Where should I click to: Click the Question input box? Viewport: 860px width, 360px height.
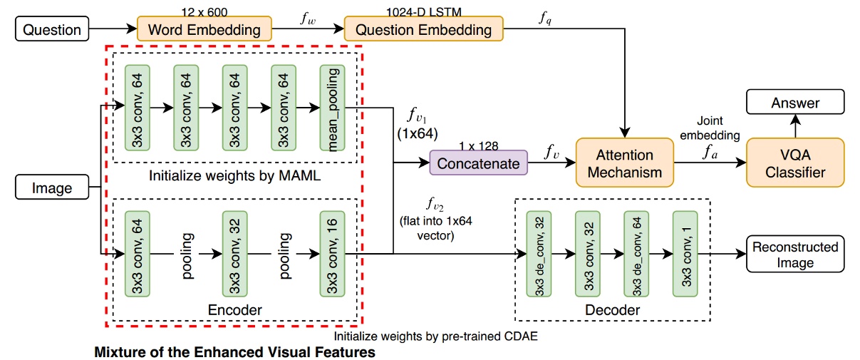point(51,30)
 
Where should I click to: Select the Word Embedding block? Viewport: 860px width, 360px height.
point(204,30)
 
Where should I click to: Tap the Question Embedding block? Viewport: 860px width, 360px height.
point(423,30)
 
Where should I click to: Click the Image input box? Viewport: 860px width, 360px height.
point(52,188)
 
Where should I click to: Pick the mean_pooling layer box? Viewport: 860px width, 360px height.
point(332,108)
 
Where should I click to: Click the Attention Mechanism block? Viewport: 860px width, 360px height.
point(624,163)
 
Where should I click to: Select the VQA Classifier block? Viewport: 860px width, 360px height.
point(794,163)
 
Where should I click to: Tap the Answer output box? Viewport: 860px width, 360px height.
point(795,103)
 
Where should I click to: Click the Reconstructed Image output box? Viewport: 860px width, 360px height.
point(795,254)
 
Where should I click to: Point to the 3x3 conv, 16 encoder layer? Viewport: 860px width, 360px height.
point(332,254)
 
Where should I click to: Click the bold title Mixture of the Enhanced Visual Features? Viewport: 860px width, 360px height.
point(234,351)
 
